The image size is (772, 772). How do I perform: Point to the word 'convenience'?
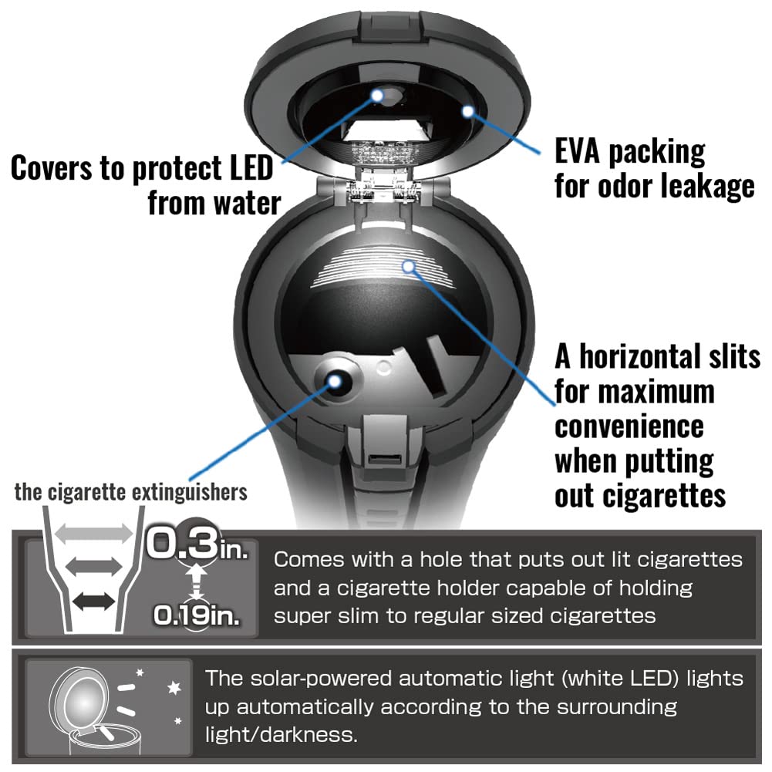point(629,426)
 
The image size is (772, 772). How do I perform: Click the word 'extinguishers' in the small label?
point(190,492)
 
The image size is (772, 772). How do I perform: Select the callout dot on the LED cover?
point(379,95)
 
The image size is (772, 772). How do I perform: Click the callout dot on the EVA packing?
point(468,111)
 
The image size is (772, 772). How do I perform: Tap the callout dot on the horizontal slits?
point(410,267)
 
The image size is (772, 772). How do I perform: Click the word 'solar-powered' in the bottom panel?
point(308,679)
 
